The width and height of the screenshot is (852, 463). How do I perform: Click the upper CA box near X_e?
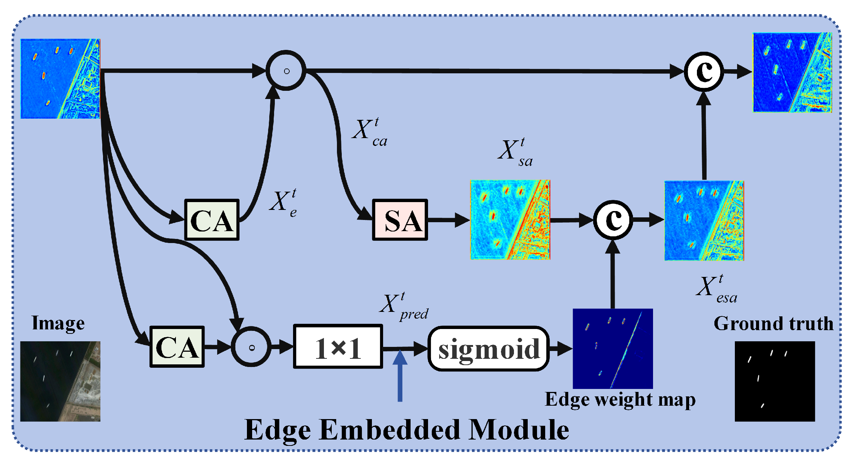212,220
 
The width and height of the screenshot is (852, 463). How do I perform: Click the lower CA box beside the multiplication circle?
177,347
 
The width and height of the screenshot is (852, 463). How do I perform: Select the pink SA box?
400,220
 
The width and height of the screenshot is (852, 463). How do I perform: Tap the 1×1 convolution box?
338,347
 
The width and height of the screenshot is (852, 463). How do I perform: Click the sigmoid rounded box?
489,348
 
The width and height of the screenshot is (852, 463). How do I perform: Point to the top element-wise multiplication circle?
286,71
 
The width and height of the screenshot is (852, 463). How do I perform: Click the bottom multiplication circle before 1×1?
251,347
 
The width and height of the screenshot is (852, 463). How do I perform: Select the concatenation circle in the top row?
704,71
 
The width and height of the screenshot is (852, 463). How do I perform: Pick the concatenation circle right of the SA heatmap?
613,220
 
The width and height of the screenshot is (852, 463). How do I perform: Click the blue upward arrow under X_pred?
400,376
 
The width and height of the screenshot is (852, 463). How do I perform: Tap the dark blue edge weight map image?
613,348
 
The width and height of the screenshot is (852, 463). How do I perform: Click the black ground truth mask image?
775,381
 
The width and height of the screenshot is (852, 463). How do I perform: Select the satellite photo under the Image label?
60,381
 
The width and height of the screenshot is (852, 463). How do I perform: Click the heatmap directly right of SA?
510,220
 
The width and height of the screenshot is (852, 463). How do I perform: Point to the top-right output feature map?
792,73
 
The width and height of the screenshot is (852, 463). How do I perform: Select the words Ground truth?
774,323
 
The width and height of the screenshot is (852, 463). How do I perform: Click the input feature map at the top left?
60,79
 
